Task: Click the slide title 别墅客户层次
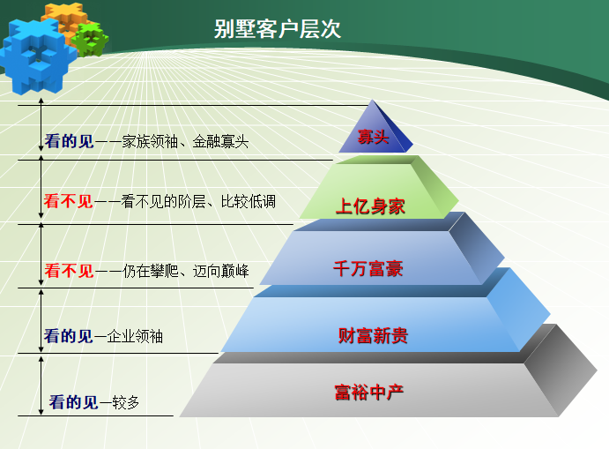click(278, 29)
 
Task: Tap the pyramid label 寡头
click(372, 137)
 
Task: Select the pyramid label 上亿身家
click(369, 206)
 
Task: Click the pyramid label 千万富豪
click(368, 269)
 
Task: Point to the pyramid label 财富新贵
click(373, 335)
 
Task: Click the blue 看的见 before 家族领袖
click(69, 140)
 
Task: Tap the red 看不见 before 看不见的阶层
click(69, 202)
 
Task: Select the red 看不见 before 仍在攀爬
click(69, 271)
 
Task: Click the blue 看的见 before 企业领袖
click(69, 336)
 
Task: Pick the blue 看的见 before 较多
click(73, 403)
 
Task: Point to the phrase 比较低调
click(249, 202)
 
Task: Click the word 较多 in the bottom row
click(126, 403)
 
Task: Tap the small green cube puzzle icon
click(87, 39)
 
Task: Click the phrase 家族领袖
click(150, 140)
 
